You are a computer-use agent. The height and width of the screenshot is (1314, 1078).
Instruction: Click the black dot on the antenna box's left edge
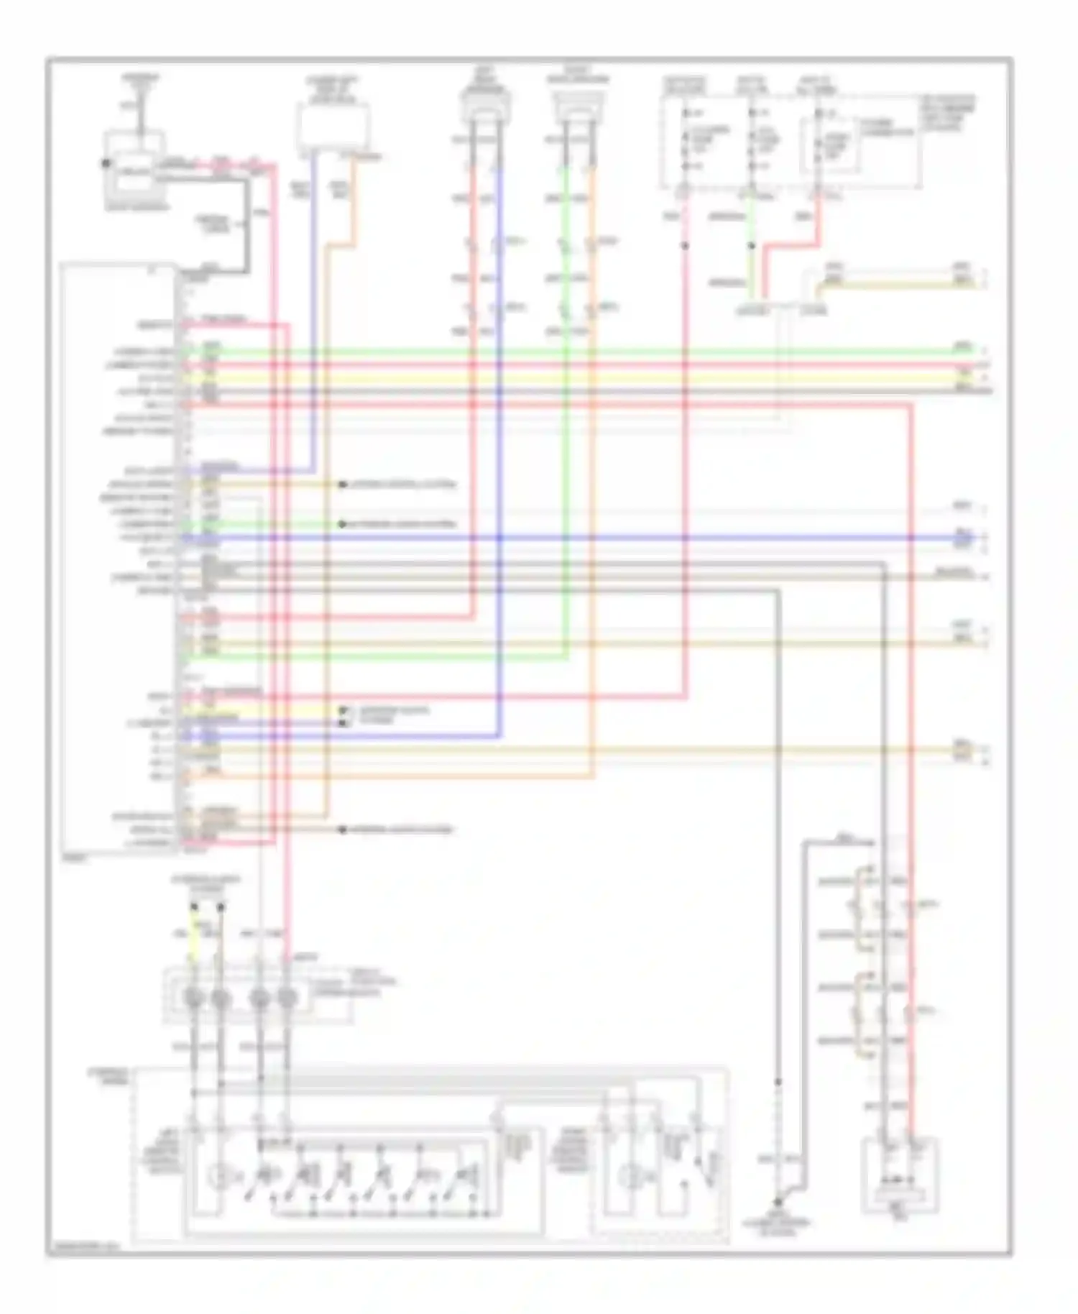pyautogui.click(x=106, y=163)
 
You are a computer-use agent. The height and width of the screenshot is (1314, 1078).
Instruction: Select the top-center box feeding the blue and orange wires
pyautogui.click(x=333, y=129)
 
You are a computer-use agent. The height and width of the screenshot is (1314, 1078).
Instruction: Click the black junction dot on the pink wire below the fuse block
pyautogui.click(x=684, y=246)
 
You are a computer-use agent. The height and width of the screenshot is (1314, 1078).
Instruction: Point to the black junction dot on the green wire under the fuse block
pyautogui.click(x=752, y=246)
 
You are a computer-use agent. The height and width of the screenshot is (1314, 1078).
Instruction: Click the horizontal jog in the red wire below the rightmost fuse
pyautogui.click(x=791, y=246)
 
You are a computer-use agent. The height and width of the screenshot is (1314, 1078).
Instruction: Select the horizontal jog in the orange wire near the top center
pyautogui.click(x=340, y=247)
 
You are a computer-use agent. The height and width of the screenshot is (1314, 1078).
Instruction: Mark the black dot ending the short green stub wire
pyautogui.click(x=343, y=524)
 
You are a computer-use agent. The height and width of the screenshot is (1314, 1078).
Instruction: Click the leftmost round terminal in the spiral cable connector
pyautogui.click(x=193, y=998)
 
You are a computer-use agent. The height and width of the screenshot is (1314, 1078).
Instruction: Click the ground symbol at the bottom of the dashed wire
pyautogui.click(x=778, y=1201)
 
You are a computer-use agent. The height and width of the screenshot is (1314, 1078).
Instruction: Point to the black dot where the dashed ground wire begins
pyautogui.click(x=778, y=1081)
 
